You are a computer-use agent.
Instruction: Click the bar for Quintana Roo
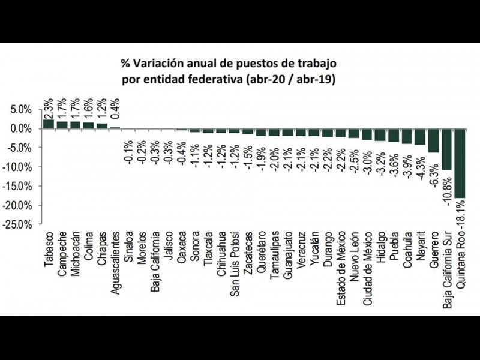coord(460,163)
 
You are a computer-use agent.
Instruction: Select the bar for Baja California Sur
coord(446,149)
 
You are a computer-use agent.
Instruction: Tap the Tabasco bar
coord(49,124)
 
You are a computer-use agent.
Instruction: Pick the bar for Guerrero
coord(433,140)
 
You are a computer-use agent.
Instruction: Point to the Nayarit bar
coord(420,137)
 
